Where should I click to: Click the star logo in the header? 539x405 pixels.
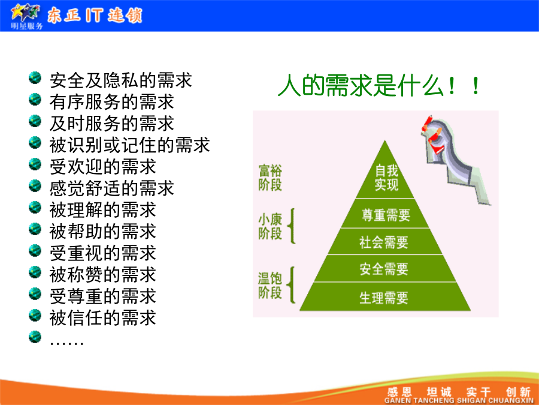tap(25, 13)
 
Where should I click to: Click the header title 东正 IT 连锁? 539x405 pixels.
tap(95, 16)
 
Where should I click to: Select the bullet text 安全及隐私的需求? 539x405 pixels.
tap(120, 80)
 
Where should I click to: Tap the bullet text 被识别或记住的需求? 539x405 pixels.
tap(129, 145)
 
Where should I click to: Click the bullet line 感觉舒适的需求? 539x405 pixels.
tap(112, 188)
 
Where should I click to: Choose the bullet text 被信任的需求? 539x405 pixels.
tap(103, 317)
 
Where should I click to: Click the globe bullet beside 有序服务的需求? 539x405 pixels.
tap(35, 100)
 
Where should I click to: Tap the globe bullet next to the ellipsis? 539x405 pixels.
tap(35, 337)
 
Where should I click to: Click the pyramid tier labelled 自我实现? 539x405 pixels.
tap(385, 176)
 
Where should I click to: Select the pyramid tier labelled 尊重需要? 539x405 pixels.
tap(385, 214)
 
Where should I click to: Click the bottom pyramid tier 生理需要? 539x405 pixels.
tap(385, 297)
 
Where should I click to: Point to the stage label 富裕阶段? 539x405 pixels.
tap(270, 178)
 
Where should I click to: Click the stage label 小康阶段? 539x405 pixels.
tap(270, 226)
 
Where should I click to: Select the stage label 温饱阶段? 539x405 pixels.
tap(270, 286)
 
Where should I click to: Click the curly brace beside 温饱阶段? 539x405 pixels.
tap(292, 285)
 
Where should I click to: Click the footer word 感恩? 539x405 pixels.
tap(399, 392)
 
